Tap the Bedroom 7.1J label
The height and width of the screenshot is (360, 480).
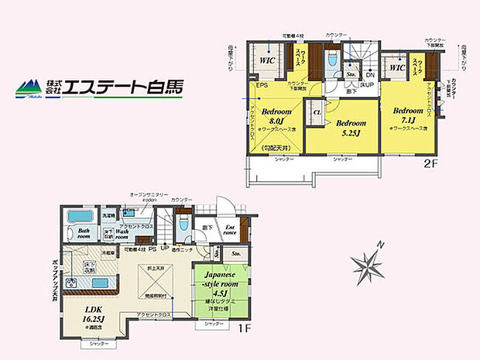[x=407, y=115]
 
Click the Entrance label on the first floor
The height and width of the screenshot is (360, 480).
[x=229, y=230]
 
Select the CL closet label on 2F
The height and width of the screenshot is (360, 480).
[x=317, y=114]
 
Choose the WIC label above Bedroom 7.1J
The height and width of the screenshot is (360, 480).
[x=398, y=67]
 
